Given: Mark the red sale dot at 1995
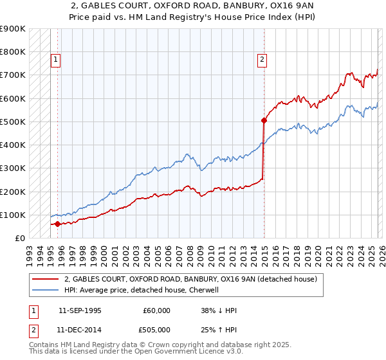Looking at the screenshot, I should pyautogui.click(x=57, y=224).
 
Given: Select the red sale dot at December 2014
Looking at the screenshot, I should pyautogui.click(x=264, y=120).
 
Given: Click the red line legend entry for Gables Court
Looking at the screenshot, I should pyautogui.click(x=190, y=280).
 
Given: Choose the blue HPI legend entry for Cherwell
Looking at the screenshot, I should pyautogui.click(x=142, y=291).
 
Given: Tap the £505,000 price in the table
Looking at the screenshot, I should pyautogui.click(x=157, y=329).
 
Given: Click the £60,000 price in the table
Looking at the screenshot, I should pyautogui.click(x=157, y=310).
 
